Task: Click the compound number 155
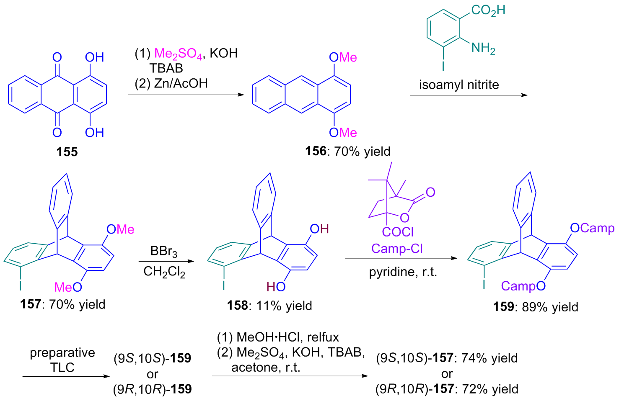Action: tap(67, 152)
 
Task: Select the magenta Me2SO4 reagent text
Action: tap(178, 54)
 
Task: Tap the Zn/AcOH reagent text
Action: tap(181, 83)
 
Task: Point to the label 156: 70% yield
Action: tap(347, 151)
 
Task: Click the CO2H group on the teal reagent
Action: tap(488, 10)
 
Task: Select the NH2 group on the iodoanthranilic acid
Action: tap(483, 48)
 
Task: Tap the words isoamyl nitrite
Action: tap(459, 85)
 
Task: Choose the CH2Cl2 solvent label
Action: tap(164, 272)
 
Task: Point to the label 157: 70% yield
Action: tap(63, 304)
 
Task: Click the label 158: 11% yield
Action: tap(269, 306)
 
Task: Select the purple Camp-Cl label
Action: tap(397, 249)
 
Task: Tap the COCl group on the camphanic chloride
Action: tap(398, 231)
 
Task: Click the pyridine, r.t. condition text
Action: tap(403, 272)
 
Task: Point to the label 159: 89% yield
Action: tap(535, 307)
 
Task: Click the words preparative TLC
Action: tap(62, 360)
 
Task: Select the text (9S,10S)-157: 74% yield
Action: tap(447, 358)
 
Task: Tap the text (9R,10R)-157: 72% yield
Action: tap(447, 389)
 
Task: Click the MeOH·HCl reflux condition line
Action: tap(278, 337)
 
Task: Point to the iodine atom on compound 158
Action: tap(224, 285)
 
